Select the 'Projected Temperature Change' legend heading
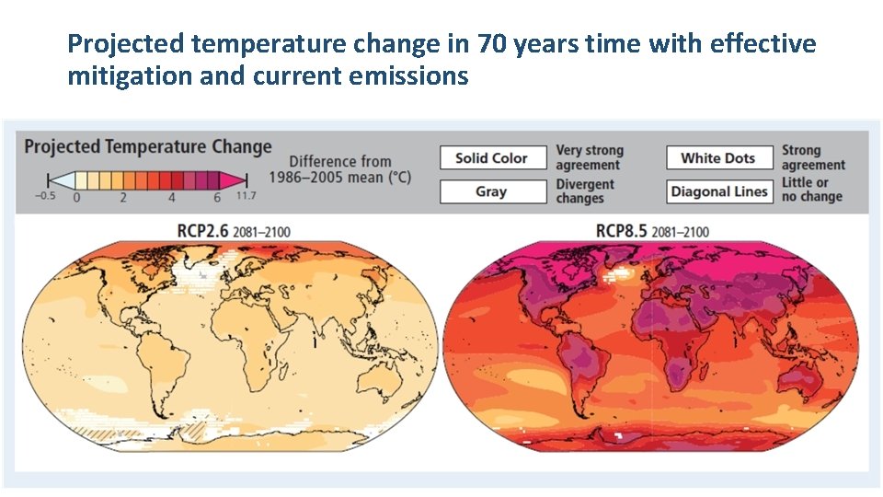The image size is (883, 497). pos(148,147)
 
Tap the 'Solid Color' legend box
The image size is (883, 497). pos(491,158)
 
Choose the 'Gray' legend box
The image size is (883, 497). pos(491,191)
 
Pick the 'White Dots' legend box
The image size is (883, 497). pos(717,158)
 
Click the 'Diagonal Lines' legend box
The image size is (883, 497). pos(718,191)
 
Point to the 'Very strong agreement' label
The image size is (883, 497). pos(589,157)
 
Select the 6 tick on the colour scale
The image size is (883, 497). pos(216,197)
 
